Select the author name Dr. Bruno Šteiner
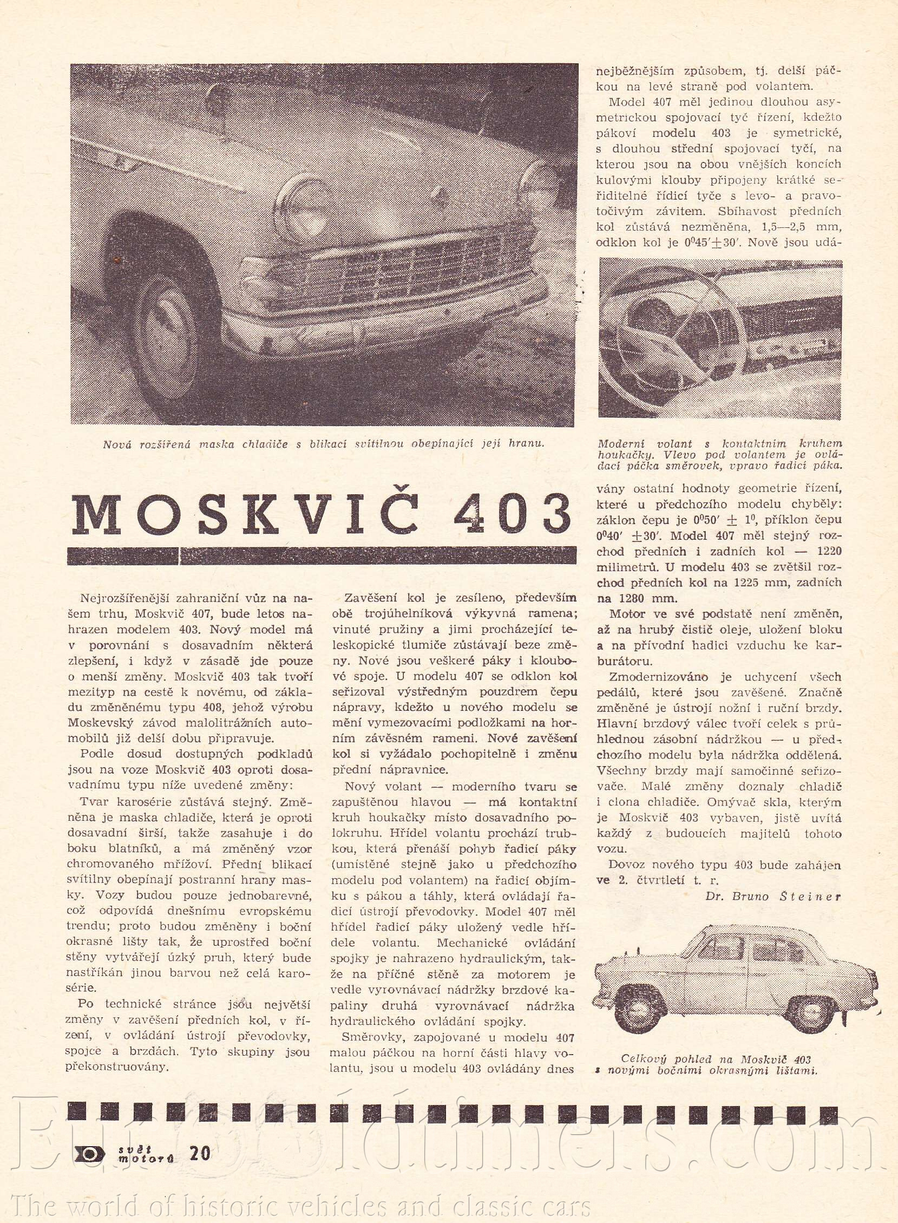(773, 897)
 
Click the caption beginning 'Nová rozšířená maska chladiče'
(323, 444)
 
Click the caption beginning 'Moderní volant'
(720, 454)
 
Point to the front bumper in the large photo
(370, 331)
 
